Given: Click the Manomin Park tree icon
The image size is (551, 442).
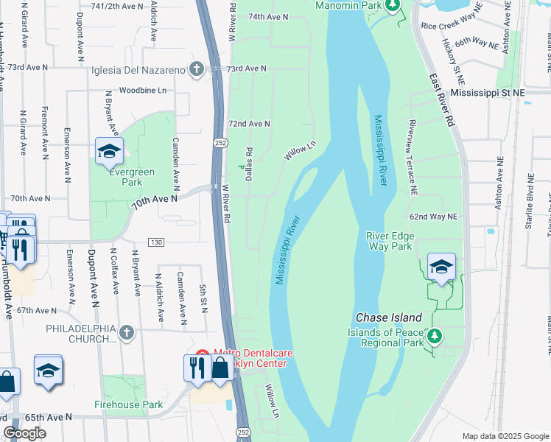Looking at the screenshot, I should [x=393, y=6].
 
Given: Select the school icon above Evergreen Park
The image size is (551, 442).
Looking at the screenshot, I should [x=109, y=151].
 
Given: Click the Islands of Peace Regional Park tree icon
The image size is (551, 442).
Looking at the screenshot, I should [x=434, y=337].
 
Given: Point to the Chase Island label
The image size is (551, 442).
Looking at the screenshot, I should [x=389, y=318].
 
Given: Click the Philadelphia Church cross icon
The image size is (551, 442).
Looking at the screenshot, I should [x=127, y=331].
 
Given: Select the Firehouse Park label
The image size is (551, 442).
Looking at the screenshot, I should [x=128, y=404].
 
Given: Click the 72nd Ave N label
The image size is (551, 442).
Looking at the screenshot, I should [x=249, y=124].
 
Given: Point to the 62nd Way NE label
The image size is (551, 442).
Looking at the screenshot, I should [x=434, y=217].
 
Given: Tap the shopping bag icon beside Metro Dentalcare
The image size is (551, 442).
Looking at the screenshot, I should [x=220, y=368].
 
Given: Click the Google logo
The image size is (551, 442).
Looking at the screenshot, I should [x=24, y=433].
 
